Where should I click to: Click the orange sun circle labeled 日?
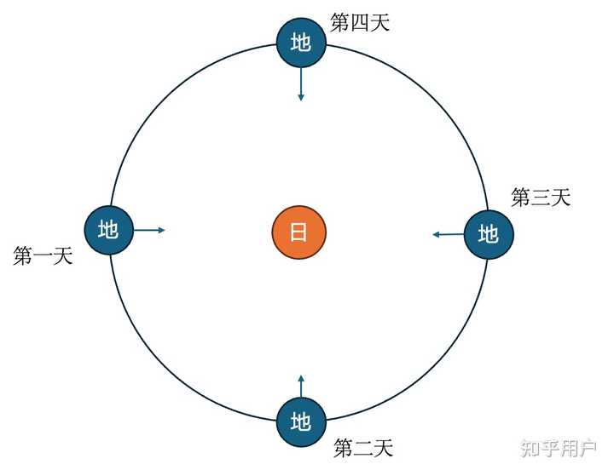pos(299,232)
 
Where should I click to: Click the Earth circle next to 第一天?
pos(108,230)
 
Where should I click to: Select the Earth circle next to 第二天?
pos(300,421)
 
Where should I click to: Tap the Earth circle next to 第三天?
pos(488,233)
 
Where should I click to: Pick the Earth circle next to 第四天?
pos(300,43)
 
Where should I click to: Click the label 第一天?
pos(43,256)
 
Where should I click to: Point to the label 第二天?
pos(363,447)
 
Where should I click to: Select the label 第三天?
pos(541,198)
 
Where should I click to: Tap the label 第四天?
pos(360,23)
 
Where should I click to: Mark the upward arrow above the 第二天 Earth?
pos(300,385)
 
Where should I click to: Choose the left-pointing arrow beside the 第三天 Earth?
pos(448,234)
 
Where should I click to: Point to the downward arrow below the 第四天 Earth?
pos(300,84)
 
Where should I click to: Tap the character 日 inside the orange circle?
pos(299,232)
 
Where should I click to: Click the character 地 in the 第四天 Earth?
pos(300,43)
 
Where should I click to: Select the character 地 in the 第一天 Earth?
pos(108,230)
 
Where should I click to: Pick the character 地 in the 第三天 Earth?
pos(488,233)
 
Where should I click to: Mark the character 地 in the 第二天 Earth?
pos(300,421)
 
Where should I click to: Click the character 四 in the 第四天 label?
pos(360,23)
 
